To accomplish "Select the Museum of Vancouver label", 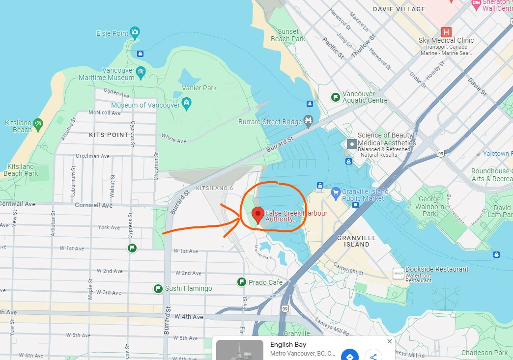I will (145, 105).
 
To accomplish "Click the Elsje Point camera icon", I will (135, 33).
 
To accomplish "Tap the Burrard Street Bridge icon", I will (309, 120).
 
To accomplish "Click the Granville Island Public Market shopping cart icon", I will (336, 192).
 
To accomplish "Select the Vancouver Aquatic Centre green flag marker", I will (336, 97).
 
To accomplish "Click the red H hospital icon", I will (446, 32).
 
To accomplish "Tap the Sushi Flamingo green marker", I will (158, 288).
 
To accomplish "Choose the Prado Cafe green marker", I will (242, 282).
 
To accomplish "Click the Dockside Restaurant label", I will (437, 269).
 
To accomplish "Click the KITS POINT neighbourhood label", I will (109, 135).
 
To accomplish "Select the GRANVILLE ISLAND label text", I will (357, 241).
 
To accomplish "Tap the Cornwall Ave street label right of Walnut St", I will (93, 205).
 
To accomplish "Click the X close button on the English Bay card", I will (390, 341).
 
